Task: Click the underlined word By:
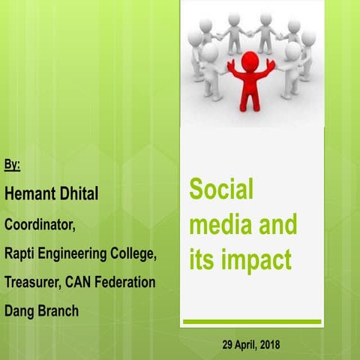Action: point(13,163)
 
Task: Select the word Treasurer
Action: point(33,282)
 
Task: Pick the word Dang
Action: point(20,310)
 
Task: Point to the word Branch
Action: point(59,310)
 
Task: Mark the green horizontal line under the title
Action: point(252,322)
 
